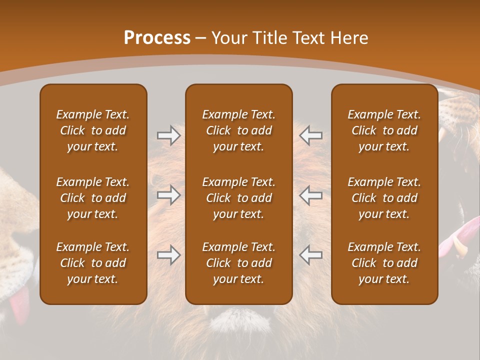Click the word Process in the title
click(x=157, y=38)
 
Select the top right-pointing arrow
click(x=168, y=135)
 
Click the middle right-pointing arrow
click(x=168, y=195)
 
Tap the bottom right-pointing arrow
click(x=168, y=255)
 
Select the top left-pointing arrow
click(x=311, y=135)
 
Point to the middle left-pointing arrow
click(x=311, y=195)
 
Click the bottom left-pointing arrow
click(x=311, y=255)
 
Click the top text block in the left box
click(x=93, y=130)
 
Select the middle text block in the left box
click(x=93, y=198)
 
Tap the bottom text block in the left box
click(x=93, y=263)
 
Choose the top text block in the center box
click(x=238, y=130)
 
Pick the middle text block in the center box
click(x=238, y=198)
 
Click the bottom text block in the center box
click(x=238, y=263)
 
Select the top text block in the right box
click(x=384, y=130)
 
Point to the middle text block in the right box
click(x=384, y=198)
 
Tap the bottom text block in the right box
click(x=384, y=263)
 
